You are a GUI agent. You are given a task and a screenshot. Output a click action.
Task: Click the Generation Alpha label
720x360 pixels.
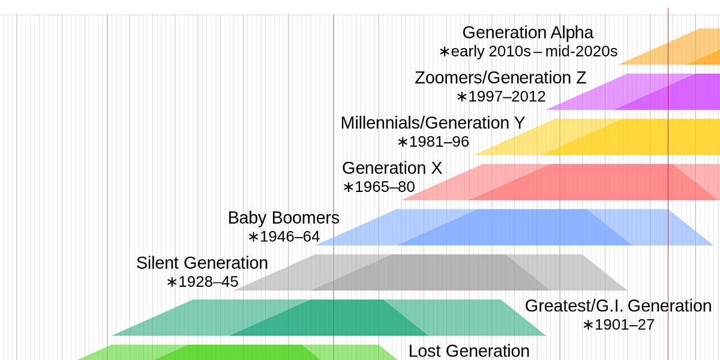pos(527,32)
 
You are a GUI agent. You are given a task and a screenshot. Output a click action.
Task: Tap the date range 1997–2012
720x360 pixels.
pos(502,97)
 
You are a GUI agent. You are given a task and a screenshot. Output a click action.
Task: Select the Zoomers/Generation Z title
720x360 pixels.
pos(500,78)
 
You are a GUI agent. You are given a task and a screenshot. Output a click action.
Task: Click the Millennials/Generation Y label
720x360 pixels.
pos(433,123)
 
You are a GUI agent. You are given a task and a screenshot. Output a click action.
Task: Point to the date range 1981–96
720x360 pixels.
pos(434,142)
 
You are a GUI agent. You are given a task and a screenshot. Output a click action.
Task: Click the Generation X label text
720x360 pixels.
pos(392,168)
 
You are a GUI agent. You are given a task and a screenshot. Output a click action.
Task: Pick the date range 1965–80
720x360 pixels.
pos(379,187)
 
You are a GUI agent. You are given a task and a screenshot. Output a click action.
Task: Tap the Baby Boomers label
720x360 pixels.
pos(283,218)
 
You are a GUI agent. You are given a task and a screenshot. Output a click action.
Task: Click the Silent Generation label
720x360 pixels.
pos(202,263)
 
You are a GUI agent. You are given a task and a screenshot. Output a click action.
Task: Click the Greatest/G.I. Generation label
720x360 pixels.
pos(618,306)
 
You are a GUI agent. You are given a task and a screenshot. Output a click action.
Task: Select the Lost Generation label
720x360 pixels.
pos(469,351)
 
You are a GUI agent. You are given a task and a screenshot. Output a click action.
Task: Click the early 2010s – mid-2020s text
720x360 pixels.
pos(529,52)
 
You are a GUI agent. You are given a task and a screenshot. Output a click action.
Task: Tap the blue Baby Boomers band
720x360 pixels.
pos(510,227)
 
